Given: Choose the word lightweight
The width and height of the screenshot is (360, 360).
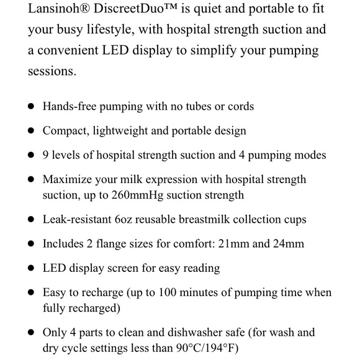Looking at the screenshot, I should pyautogui.click(x=120, y=131).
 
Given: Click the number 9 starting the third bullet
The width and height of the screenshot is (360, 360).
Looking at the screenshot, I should pyautogui.click(x=46, y=155).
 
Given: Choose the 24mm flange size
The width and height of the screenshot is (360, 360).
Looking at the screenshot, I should pyautogui.click(x=287, y=244).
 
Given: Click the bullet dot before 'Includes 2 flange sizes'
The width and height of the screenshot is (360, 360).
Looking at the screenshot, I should pyautogui.click(x=30, y=244).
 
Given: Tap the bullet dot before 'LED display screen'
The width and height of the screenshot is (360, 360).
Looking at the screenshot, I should pyautogui.click(x=30, y=268).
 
